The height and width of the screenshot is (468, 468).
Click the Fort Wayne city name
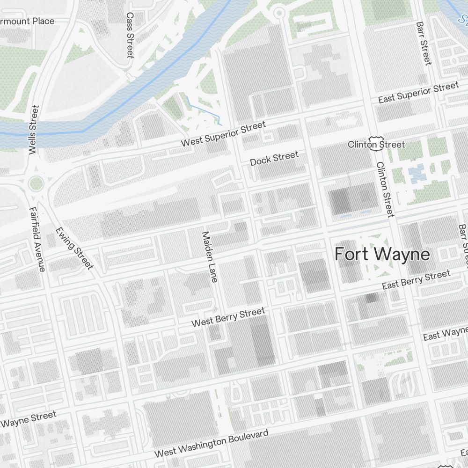pos(382,254)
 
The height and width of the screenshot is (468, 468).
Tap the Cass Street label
pos(130,35)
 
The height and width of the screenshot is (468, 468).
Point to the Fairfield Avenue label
pos(37,239)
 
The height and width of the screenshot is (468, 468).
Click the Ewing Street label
pos(74,249)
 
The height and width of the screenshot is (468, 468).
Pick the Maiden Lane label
pos(209,256)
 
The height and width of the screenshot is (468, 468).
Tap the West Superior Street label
pos(224,133)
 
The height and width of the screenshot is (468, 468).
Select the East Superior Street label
pos(418,93)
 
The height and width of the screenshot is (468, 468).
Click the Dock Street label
pos(274,158)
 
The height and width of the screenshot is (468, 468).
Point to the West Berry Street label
pos(228,317)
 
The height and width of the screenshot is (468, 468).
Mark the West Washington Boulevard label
pos(212,444)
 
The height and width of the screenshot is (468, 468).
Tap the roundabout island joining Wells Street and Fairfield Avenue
pos(36,183)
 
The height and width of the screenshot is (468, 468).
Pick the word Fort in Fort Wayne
pos(351,254)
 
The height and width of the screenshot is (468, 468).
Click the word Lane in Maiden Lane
pos(212,271)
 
